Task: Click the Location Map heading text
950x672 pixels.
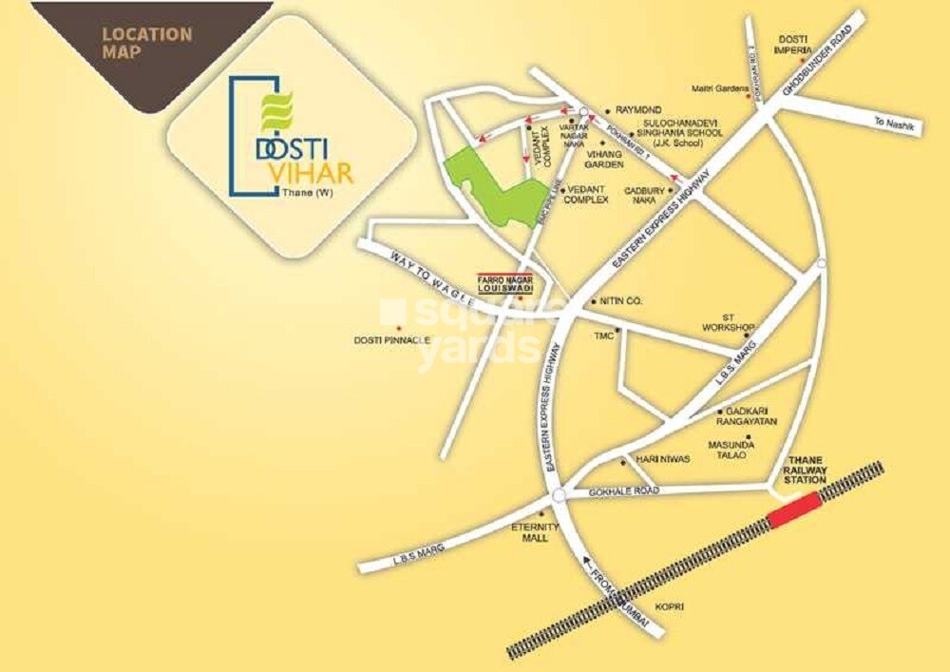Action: (x=147, y=43)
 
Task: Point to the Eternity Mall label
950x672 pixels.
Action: (x=528, y=532)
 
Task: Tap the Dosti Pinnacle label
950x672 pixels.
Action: (x=392, y=339)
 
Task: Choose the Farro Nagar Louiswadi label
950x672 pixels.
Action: (x=504, y=282)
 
